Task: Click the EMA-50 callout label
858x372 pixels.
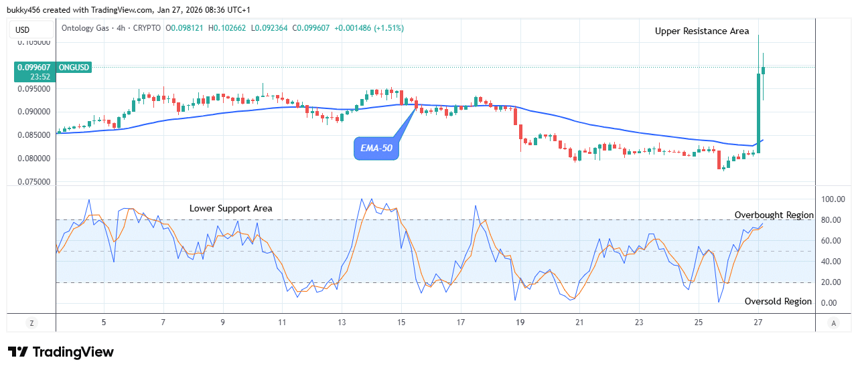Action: pos(376,149)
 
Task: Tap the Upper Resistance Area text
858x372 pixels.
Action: pos(702,31)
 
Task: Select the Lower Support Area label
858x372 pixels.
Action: pos(230,208)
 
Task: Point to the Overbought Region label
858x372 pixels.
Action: pos(774,215)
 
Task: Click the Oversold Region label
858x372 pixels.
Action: pos(778,302)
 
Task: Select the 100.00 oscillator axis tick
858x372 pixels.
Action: pos(833,199)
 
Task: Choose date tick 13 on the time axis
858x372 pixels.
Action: pos(341,322)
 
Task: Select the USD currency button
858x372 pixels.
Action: pos(23,29)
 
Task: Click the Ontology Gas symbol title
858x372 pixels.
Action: pos(87,28)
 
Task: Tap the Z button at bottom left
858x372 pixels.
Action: pos(31,322)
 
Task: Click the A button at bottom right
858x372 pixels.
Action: pos(833,322)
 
